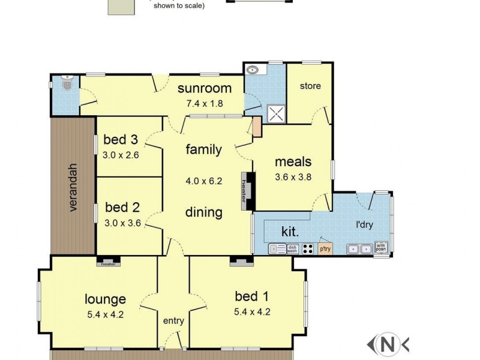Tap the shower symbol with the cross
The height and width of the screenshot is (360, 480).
coord(276,113)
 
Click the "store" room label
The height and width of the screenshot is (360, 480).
coord(310,86)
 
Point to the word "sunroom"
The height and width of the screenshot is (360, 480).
coord(204,89)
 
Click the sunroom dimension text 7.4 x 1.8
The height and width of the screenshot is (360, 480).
coord(205,103)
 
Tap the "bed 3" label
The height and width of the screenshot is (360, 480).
coord(121,140)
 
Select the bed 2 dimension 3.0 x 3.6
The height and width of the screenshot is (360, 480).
coord(122,222)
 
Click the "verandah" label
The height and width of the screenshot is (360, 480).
coord(73,187)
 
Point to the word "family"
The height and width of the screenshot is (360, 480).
coord(203,149)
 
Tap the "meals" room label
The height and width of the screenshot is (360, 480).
coord(293,161)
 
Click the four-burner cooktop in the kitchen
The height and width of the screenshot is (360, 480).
coord(308,248)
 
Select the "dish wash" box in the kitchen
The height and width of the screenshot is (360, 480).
coord(292,248)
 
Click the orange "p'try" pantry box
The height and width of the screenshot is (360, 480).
coord(325,248)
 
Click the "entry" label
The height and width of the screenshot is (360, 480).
coord(173,321)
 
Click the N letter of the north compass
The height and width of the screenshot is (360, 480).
coord(389,344)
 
